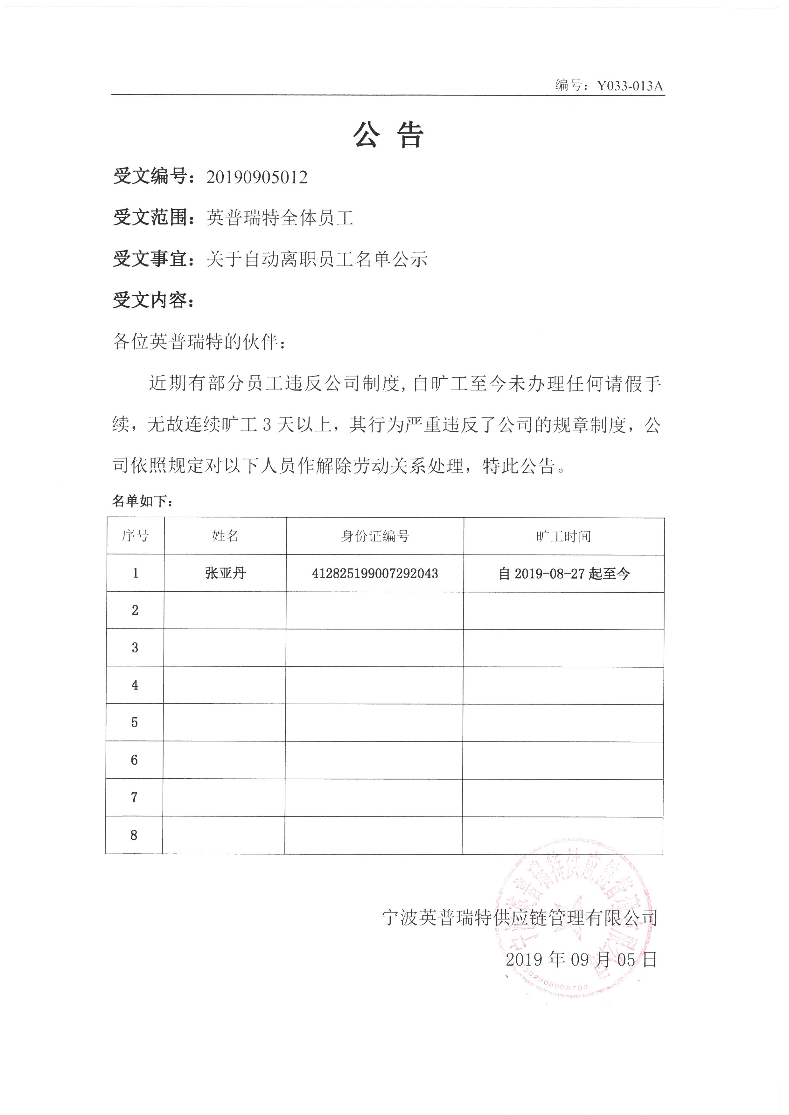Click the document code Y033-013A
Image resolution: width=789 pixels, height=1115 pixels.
[x=629, y=86]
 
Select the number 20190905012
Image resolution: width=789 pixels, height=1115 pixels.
[x=257, y=177]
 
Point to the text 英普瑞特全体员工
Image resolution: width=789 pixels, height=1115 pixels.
[x=280, y=218]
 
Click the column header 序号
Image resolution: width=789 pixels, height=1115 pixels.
[x=135, y=536]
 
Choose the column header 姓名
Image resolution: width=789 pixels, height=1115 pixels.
[x=226, y=536]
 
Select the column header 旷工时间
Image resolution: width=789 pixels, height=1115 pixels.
[x=563, y=536]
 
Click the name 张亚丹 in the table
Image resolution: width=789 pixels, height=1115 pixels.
[x=226, y=573]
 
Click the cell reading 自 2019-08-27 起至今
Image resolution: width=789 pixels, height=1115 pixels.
[x=563, y=574]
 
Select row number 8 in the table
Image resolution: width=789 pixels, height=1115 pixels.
[x=134, y=835]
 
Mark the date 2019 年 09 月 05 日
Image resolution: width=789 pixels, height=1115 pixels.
[x=581, y=959]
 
